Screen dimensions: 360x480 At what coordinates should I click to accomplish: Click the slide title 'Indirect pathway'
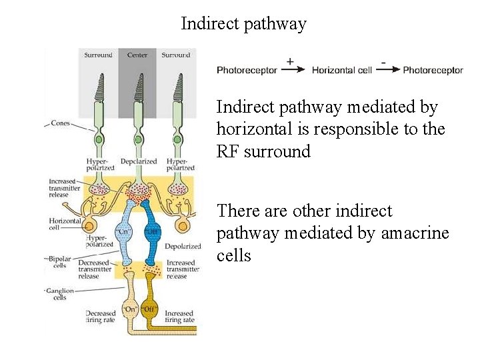pyautogui.click(x=243, y=24)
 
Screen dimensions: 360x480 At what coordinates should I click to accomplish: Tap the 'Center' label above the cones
pyautogui.click(x=137, y=55)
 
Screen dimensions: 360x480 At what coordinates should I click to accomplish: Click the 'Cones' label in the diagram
pyautogui.click(x=61, y=123)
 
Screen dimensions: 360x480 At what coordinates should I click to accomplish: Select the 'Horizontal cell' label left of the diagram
pyautogui.click(x=64, y=224)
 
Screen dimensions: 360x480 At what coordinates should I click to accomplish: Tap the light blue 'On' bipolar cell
pyautogui.click(x=125, y=233)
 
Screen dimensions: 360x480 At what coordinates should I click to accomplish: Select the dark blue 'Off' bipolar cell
pyautogui.click(x=151, y=233)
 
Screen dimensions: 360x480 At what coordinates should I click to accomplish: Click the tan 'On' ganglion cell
pyautogui.click(x=130, y=310)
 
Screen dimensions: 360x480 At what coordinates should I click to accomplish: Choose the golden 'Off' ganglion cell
pyautogui.click(x=150, y=311)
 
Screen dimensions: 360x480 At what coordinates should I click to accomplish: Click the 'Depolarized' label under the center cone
pyautogui.click(x=138, y=161)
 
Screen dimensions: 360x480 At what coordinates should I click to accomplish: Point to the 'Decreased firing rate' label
pyautogui.click(x=101, y=317)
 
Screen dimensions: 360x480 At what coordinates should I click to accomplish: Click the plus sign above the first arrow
pyautogui.click(x=290, y=61)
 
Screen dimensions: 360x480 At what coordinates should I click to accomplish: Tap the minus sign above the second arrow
pyautogui.click(x=383, y=61)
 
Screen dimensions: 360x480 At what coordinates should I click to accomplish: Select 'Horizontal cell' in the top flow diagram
pyautogui.click(x=342, y=70)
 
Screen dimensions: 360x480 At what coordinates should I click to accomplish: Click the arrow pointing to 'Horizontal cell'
pyautogui.click(x=293, y=69)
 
